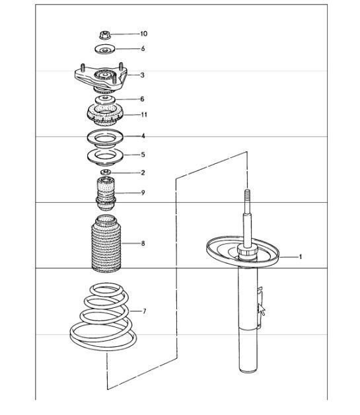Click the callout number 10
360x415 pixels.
click(143, 34)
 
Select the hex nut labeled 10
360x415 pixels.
click(105, 34)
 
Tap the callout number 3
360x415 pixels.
click(142, 75)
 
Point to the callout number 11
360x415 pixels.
click(143, 115)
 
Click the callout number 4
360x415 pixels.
click(143, 137)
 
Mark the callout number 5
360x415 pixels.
click(142, 155)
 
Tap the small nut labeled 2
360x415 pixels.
click(104, 173)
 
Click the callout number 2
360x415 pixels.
click(142, 173)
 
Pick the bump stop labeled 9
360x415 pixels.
click(104, 194)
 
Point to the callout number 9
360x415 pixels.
click(142, 193)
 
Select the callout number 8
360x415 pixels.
click(142, 244)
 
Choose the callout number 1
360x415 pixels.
click(301, 256)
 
